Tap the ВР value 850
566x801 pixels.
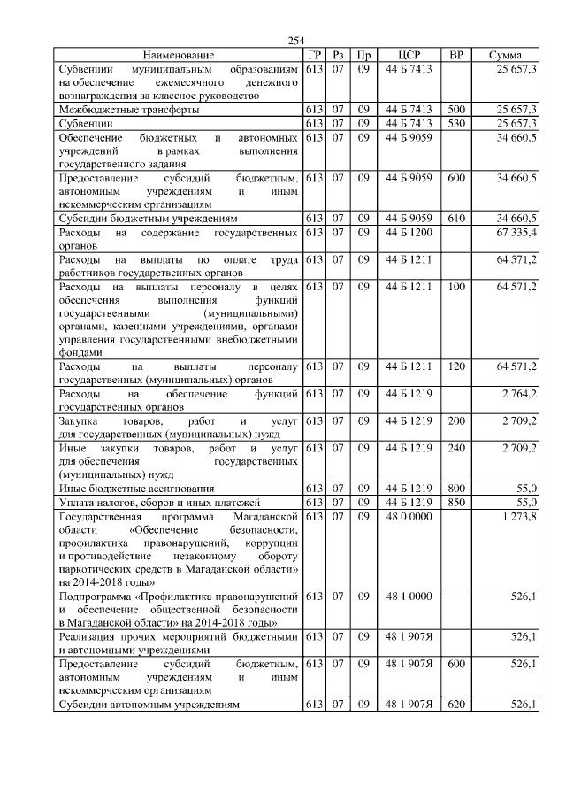tap(456, 501)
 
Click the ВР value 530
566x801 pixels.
tap(456, 123)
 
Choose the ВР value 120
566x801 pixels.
tap(456, 365)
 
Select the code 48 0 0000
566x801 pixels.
tap(409, 515)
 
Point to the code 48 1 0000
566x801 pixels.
tap(409, 597)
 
